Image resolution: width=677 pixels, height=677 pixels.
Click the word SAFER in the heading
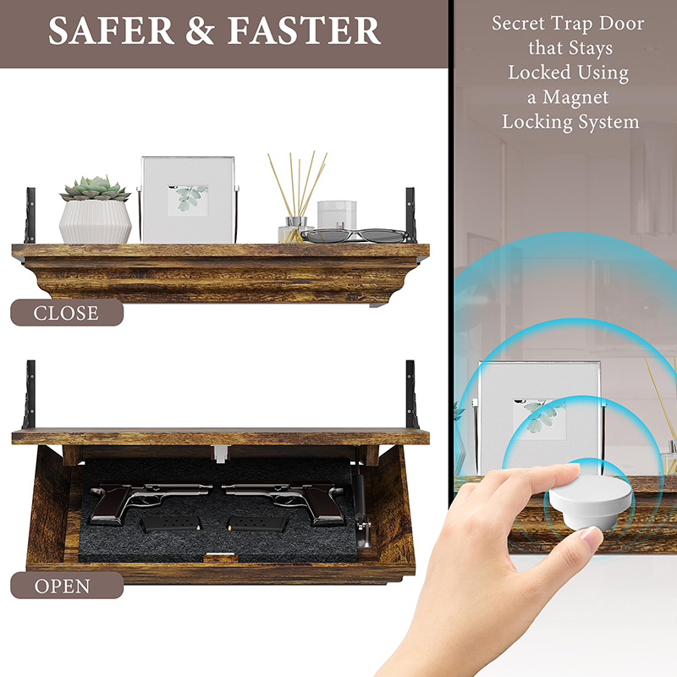111,30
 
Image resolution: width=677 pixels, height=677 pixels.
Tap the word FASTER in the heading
304,30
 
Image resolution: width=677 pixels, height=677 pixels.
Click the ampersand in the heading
200,30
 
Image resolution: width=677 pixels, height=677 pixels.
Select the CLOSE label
67,313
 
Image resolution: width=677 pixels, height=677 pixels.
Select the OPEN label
63,586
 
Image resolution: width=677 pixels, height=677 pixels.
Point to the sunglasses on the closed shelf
354,235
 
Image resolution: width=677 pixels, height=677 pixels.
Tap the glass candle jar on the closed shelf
337,215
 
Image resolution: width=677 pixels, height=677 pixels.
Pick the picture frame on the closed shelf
188,200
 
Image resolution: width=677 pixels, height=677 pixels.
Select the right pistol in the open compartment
283,501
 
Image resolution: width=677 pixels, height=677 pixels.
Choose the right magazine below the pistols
258,525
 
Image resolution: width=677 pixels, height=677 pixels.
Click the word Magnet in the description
575,97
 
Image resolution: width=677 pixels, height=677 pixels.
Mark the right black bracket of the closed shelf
410,216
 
